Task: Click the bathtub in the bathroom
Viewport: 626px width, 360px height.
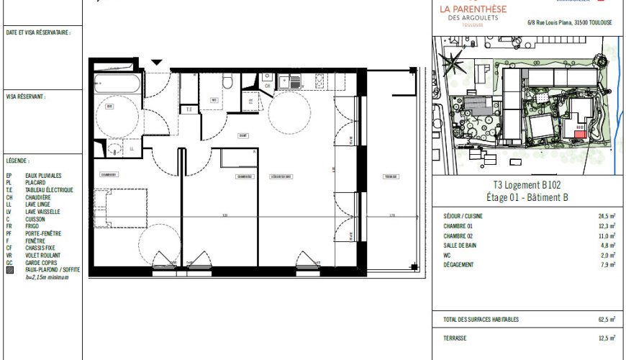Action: [117, 83]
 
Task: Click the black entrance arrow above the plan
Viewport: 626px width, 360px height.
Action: [157, 63]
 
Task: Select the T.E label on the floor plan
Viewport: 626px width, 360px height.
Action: [189, 109]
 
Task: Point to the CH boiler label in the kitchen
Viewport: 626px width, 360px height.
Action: [268, 86]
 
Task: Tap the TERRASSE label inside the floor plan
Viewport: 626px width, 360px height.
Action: [391, 176]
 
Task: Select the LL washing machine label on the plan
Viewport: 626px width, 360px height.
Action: [132, 149]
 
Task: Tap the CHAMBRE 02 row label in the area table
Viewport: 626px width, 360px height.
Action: [458, 235]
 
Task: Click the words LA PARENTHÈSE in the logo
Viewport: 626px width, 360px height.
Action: [472, 9]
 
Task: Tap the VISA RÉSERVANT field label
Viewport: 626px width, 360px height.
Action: [26, 95]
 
